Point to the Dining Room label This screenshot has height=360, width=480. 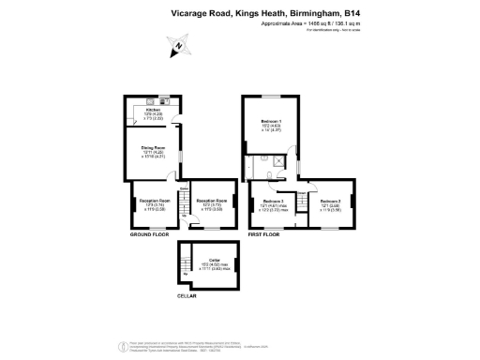click(x=153, y=148)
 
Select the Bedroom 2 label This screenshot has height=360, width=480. click(x=274, y=201)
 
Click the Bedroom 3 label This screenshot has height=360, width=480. click(x=329, y=201)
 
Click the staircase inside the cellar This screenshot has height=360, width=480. click(x=187, y=259)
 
